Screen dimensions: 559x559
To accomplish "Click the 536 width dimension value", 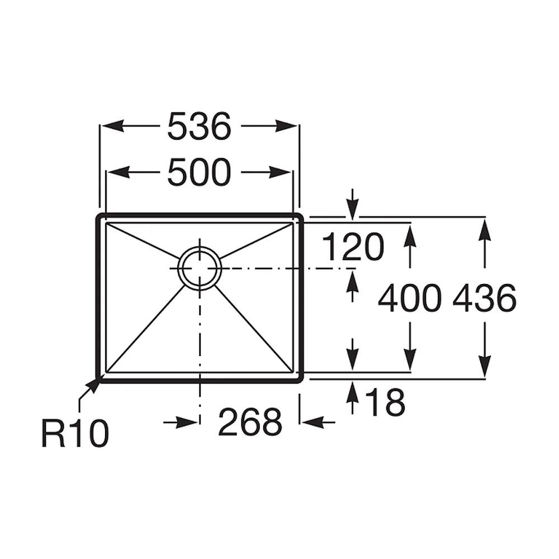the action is coord(200,126).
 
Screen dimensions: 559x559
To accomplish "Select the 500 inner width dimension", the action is coord(200,173).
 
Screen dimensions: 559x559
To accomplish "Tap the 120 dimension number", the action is coord(353,247).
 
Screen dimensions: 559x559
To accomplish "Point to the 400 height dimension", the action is coord(410,299).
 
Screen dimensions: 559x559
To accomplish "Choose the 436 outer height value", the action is coord(485,299).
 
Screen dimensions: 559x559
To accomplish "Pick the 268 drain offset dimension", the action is coord(250,423).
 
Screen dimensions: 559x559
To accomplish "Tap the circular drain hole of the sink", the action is coord(200,268).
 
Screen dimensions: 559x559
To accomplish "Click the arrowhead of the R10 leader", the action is coord(94,385).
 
